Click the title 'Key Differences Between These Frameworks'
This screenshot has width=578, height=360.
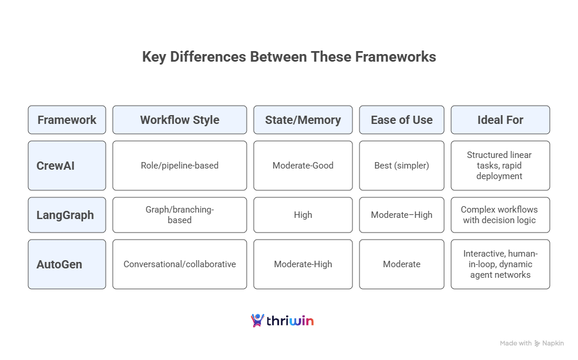tap(289, 57)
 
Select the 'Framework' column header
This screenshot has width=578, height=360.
tap(67, 120)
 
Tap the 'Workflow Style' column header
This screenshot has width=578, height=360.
tap(180, 120)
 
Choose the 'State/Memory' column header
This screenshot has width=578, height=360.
tap(303, 120)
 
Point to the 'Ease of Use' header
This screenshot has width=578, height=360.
tap(402, 120)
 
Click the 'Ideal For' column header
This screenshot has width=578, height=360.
tap(500, 120)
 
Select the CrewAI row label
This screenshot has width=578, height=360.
tap(67, 166)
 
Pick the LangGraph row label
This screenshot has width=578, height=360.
tap(67, 215)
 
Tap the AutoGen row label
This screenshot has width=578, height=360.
tap(67, 264)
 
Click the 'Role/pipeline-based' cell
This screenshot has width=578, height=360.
tap(180, 166)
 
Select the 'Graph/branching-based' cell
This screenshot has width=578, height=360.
tap(180, 215)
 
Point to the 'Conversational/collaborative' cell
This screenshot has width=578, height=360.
tap(180, 264)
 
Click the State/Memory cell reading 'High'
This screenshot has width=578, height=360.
tap(303, 215)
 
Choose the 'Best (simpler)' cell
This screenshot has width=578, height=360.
tap(402, 166)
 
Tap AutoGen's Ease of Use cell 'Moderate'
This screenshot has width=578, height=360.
tap(402, 264)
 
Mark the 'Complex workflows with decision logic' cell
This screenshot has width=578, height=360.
tap(500, 215)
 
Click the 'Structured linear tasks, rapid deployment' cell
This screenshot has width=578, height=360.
tap(500, 166)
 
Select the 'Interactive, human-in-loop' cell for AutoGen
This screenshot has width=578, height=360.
tap(500, 264)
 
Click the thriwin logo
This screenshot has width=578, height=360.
tap(283, 321)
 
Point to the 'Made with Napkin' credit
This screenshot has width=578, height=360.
tap(532, 343)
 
